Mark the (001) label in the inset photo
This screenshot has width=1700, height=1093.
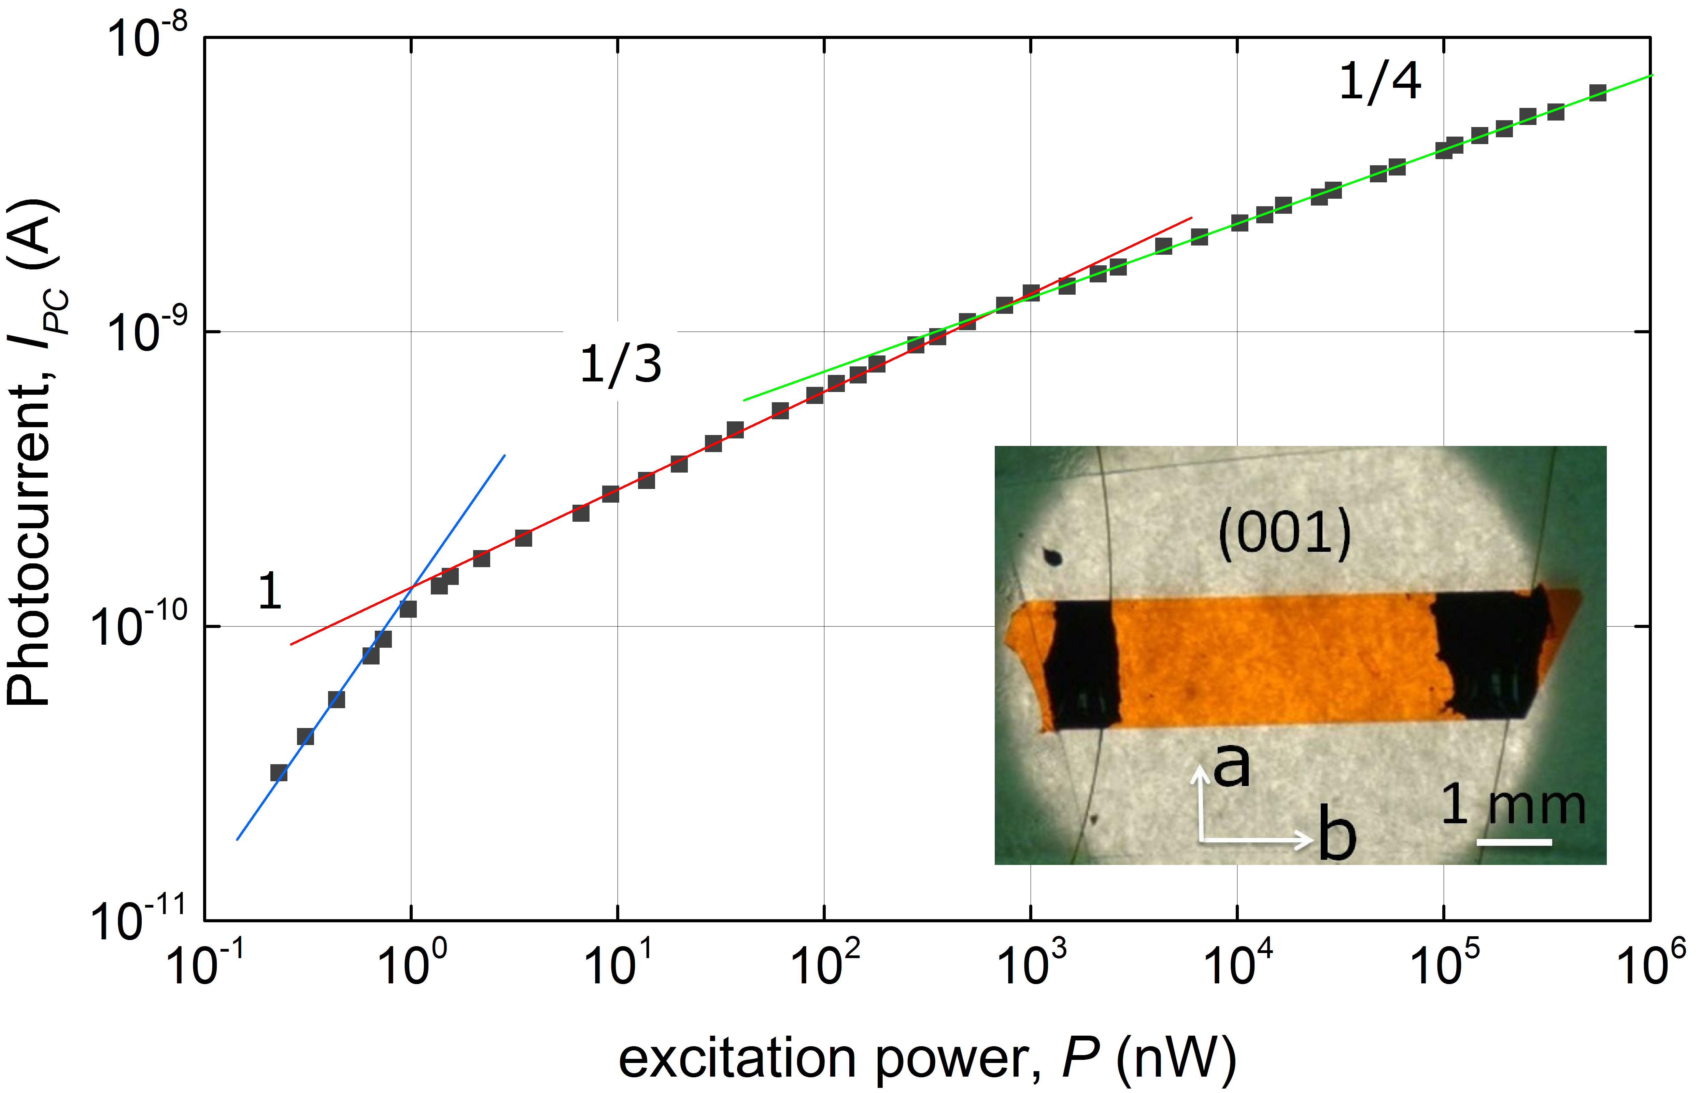coord(1284,534)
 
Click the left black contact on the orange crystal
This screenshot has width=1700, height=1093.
coord(1083,663)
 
